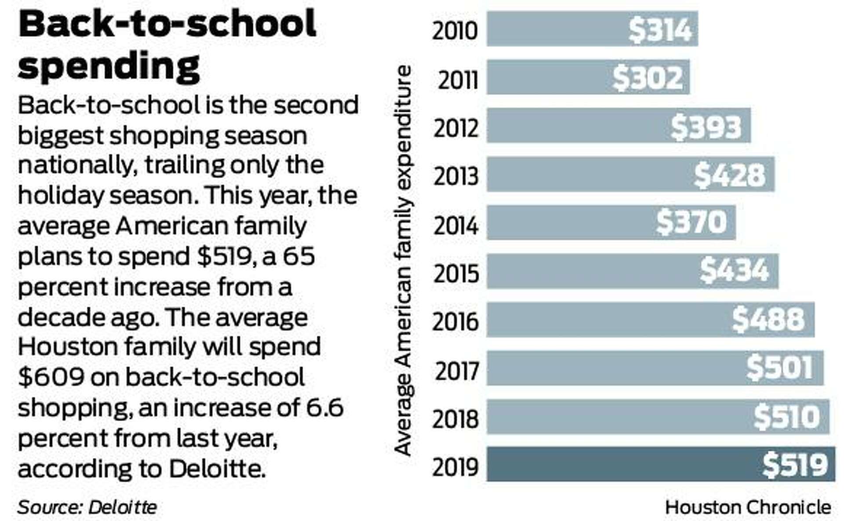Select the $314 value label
[x=660, y=30]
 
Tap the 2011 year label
[x=457, y=80]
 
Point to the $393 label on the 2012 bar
[x=706, y=127]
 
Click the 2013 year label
[x=456, y=177]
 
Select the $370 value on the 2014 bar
[x=691, y=222]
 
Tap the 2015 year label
[x=456, y=273]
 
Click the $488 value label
[x=768, y=319]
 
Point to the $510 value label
[x=787, y=416]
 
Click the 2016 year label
[x=455, y=322]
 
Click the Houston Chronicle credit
[x=748, y=507]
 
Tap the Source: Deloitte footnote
[x=87, y=507]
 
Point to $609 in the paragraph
[x=51, y=377]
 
